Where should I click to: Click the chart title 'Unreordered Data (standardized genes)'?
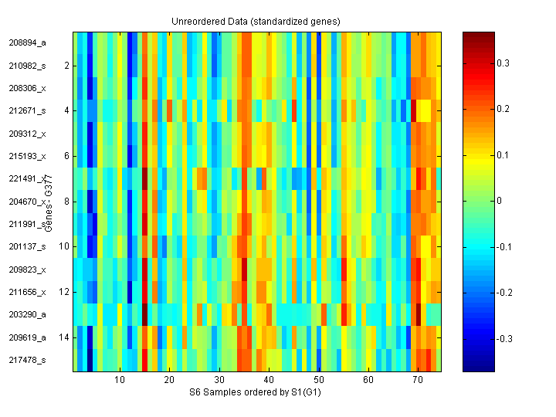pos(256,20)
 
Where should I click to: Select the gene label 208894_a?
pos(28,43)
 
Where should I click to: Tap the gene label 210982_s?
pos(28,66)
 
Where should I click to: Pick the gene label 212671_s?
pos(28,111)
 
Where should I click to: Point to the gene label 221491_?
pos(27,179)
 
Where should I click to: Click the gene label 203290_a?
pos(28,315)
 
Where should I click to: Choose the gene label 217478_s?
pos(28,360)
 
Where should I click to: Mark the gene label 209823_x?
pos(28,270)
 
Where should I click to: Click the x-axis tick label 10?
pos(120,380)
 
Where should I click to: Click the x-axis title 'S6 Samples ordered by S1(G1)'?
pos(256,392)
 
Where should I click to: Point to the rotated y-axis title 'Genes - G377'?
pos(49,202)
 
